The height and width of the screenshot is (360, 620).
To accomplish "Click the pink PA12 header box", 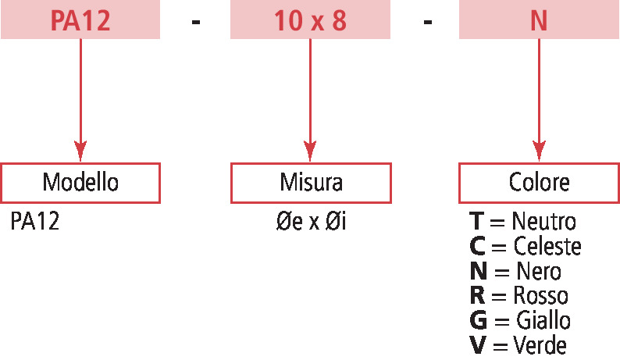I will [x=80, y=20].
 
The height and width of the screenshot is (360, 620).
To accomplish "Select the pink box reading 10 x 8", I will [x=310, y=20].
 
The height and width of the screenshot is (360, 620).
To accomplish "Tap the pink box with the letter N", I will [x=539, y=20].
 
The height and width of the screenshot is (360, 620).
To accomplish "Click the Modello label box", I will [x=80, y=183].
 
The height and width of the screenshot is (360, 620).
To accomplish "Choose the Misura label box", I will [x=311, y=183].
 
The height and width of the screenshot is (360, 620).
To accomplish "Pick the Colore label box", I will [x=539, y=183].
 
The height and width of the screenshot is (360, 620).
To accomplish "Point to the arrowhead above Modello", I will [x=80, y=149].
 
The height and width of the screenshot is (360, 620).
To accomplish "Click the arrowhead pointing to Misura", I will [x=310, y=149].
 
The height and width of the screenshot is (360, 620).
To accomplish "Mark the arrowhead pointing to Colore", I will [x=539, y=149].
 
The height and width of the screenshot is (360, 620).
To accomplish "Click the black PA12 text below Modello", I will [x=35, y=223].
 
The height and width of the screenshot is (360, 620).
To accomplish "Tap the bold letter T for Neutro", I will [x=476, y=222].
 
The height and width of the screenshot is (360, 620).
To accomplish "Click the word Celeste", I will [x=547, y=247].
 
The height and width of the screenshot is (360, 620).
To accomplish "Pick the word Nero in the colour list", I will [x=539, y=272].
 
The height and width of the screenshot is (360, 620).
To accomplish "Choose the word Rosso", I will [x=541, y=296].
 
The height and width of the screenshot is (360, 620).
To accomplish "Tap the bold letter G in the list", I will [x=478, y=321].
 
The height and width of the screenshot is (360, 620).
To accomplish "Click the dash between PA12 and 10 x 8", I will [x=196, y=21].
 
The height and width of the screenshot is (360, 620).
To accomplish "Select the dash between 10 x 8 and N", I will [x=427, y=21].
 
